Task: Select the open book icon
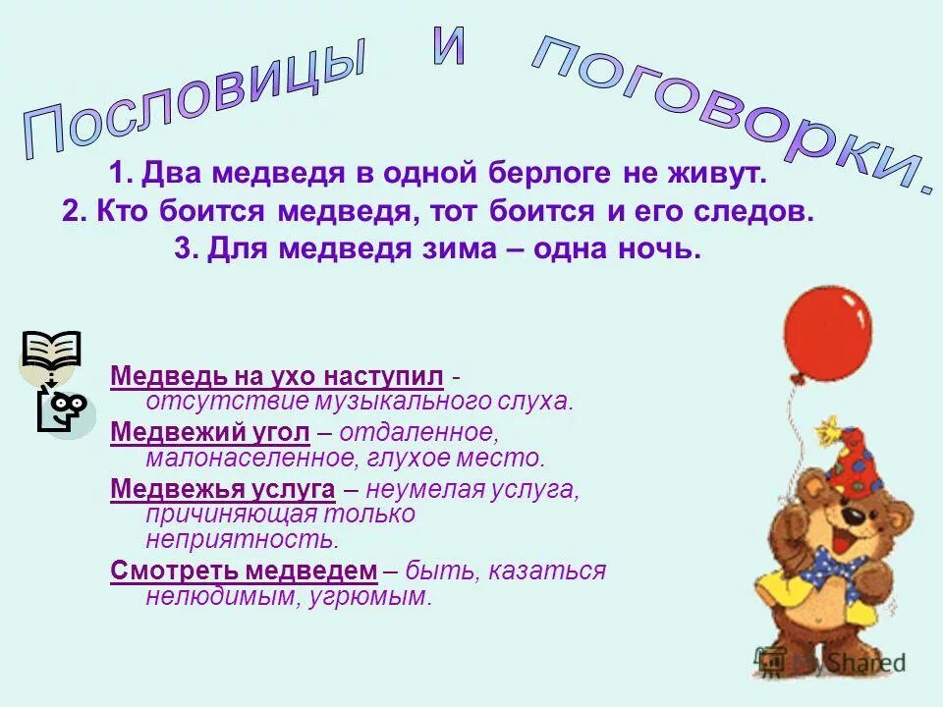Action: coord(51,352)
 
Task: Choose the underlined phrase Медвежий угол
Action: coord(211,432)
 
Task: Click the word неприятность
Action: coord(242,539)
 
